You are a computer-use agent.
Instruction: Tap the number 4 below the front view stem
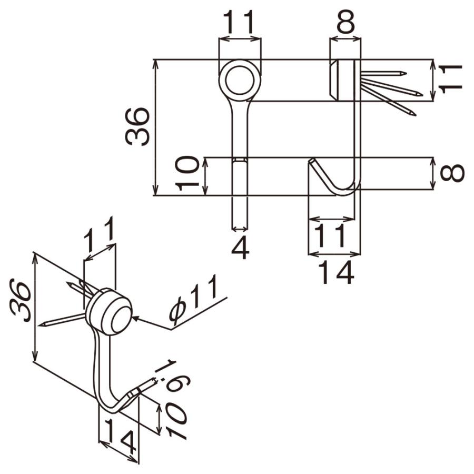pyautogui.click(x=240, y=248)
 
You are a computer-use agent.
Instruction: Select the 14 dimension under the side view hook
pyautogui.click(x=336, y=273)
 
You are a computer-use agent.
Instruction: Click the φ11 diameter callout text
pyautogui.click(x=193, y=298)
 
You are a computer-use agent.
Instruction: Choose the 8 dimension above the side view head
pyautogui.click(x=345, y=22)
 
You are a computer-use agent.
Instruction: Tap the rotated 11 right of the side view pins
pyautogui.click(x=451, y=79)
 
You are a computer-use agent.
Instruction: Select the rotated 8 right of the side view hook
pyautogui.click(x=452, y=173)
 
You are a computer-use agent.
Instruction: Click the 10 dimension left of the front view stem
pyautogui.click(x=187, y=173)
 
